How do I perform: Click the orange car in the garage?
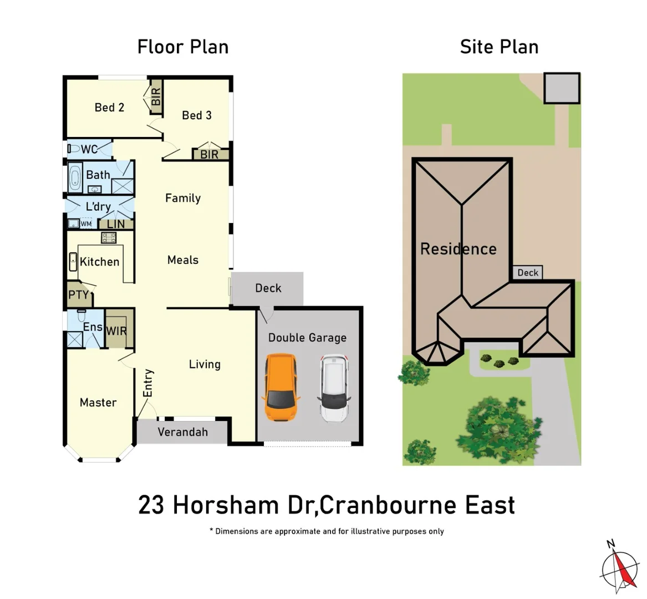(281, 388)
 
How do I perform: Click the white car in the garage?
(334, 388)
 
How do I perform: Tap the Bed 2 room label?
(109, 108)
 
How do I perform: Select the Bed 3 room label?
(197, 115)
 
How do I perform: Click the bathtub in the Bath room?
(75, 179)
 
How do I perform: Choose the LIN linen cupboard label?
(116, 224)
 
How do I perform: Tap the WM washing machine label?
(86, 224)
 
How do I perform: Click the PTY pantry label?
(78, 295)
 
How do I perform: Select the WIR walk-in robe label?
(116, 331)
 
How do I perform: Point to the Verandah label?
(182, 432)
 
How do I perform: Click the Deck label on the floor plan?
(268, 288)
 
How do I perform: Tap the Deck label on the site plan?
(527, 272)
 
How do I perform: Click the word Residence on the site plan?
(458, 249)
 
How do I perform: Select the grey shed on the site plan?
(562, 88)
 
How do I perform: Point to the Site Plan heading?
(499, 47)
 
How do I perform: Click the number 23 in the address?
(151, 505)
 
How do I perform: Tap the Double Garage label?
(307, 338)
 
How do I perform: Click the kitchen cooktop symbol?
(108, 238)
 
